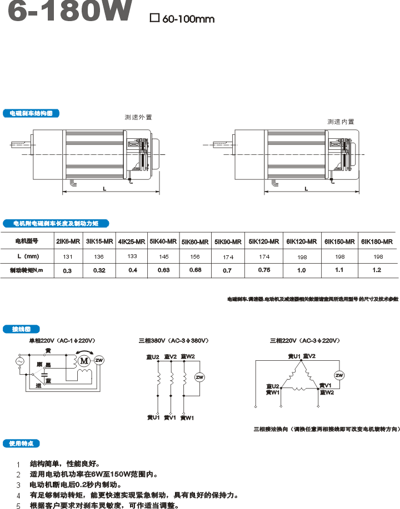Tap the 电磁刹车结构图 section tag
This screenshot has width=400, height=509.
tap(31, 113)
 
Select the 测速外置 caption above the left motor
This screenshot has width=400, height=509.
tap(138, 117)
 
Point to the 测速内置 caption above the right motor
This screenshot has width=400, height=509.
tap(341, 122)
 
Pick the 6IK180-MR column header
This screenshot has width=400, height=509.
tap(377, 241)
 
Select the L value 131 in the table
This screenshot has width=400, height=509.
tap(68, 256)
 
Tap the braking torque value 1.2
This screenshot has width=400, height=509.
tap(377, 270)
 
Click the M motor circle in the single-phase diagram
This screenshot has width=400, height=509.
tap(85, 361)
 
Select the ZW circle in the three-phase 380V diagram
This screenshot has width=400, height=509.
tap(199, 377)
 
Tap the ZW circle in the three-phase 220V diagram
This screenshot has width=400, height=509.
tap(339, 376)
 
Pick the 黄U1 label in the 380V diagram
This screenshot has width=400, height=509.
tap(153, 417)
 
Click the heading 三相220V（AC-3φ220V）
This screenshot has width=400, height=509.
tap(304, 340)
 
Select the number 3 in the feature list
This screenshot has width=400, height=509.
tap(18, 485)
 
